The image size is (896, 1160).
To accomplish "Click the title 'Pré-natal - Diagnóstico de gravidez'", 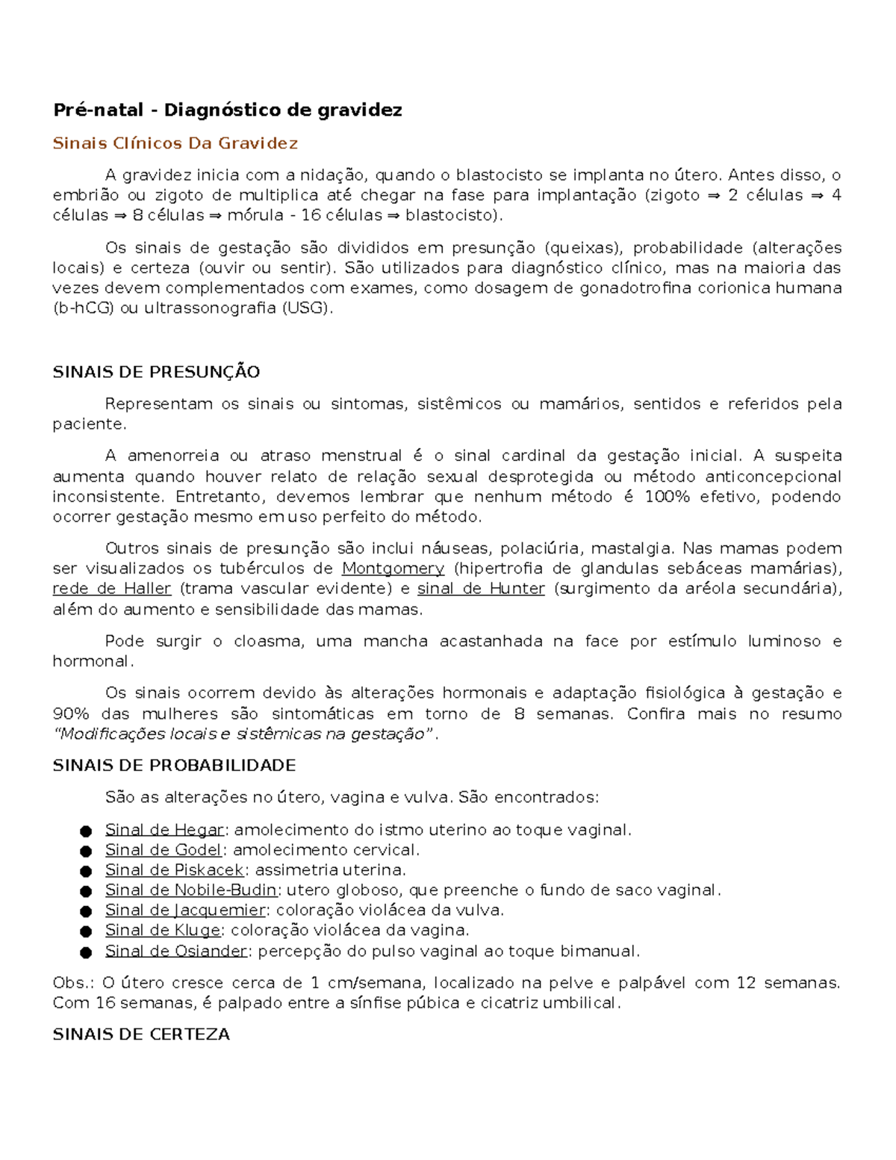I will [227, 111].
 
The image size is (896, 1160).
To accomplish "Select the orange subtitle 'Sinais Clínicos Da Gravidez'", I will [175, 143].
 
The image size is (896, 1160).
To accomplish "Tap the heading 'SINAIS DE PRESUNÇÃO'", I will [156, 372].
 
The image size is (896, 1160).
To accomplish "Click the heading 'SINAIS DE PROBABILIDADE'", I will [174, 766].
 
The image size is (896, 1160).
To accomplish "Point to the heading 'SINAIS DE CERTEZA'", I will [141, 1035].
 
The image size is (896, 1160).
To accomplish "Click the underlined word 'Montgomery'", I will [393, 568].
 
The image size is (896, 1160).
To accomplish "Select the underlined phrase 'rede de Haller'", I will [112, 589].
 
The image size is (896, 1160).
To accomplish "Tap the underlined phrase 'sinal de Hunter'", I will [481, 589].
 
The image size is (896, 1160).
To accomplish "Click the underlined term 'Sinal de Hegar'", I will [164, 830].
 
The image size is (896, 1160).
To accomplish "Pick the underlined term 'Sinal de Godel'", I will [164, 850].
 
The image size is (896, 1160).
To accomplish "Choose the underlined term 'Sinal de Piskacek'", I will [175, 870].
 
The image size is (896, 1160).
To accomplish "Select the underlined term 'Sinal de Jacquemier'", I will [185, 911].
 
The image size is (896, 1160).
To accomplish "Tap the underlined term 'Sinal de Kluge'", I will [163, 931].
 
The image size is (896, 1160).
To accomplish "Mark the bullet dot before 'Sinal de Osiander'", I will [86, 952].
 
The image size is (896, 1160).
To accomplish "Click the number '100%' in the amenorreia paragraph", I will [667, 497].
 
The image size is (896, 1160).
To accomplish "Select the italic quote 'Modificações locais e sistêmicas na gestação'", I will [243, 734].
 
